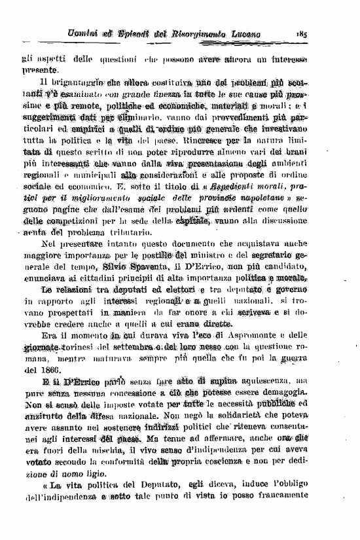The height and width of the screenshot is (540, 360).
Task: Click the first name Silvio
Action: [x=117, y=268]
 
